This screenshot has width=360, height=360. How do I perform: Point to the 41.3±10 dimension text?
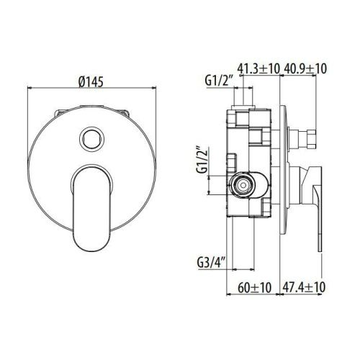click(x=259, y=69)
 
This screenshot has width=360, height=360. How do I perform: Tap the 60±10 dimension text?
click(x=253, y=288)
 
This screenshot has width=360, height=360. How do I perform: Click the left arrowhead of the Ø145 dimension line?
click(x=30, y=90)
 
